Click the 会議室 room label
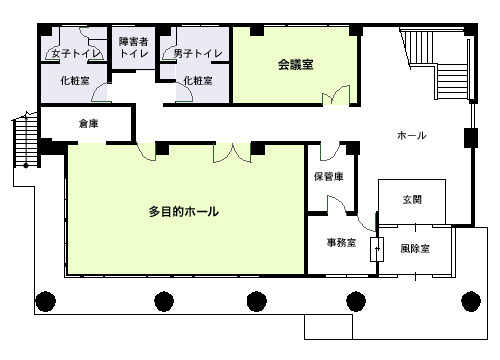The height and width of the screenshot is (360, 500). (x=296, y=64)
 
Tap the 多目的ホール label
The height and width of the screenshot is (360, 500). (x=184, y=212)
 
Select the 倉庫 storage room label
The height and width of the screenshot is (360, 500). (x=88, y=124)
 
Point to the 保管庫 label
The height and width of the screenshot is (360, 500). (x=329, y=176)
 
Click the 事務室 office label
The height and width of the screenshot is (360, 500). (x=341, y=243)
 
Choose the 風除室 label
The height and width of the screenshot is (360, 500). (x=415, y=249)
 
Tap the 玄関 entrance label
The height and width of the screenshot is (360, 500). (x=412, y=200)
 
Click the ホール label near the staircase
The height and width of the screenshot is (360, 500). (x=412, y=135)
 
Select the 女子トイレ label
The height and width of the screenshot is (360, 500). (x=76, y=53)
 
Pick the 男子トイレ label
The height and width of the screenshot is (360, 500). (x=198, y=53)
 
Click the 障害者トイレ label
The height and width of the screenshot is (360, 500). (x=134, y=47)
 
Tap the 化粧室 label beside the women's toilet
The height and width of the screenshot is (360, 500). (x=75, y=80)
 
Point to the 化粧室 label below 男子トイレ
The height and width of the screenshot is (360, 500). (x=198, y=80)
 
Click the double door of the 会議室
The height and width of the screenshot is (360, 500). (x=336, y=95)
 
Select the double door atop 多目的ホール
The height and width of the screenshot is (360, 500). (x=232, y=153)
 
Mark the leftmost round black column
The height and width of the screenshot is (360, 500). (x=46, y=301)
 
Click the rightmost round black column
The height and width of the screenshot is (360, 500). (x=471, y=301)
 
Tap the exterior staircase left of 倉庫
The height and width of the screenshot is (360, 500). (x=26, y=140)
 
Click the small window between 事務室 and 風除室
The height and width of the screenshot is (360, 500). (x=377, y=249)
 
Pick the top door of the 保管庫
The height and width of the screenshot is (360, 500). (x=330, y=152)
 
